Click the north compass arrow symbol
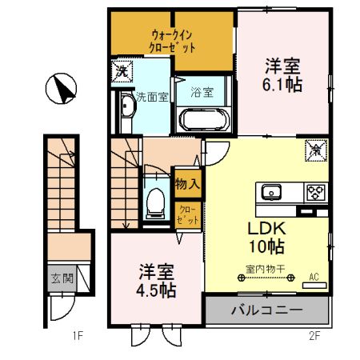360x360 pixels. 61,88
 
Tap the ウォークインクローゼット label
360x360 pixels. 174,41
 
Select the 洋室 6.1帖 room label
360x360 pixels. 282,74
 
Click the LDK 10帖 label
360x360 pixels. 265,234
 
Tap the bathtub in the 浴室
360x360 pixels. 205,120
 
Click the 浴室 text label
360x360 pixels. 202,93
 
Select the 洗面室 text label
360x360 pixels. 152,98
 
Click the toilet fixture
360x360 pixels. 154,202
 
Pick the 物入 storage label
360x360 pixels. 187,184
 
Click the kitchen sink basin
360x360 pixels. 270,192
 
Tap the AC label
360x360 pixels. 314,278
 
